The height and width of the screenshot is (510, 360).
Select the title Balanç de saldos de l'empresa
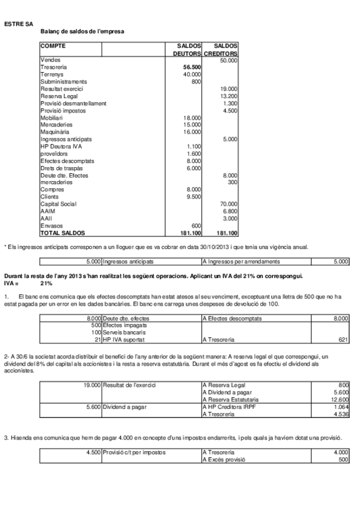point(83,31)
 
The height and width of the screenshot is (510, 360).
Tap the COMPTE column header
point(53,46)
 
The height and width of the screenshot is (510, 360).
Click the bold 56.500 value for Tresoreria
point(192,67)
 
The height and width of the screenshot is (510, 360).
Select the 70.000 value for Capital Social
point(228,204)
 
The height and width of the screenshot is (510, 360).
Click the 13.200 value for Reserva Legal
point(229,96)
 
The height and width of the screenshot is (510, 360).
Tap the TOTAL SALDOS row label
point(63,233)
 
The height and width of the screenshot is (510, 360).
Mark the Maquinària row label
point(55,132)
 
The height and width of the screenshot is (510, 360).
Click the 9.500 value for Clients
point(192,197)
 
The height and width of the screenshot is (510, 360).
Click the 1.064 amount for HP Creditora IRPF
point(340,407)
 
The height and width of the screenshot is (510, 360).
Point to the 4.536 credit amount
point(340,414)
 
